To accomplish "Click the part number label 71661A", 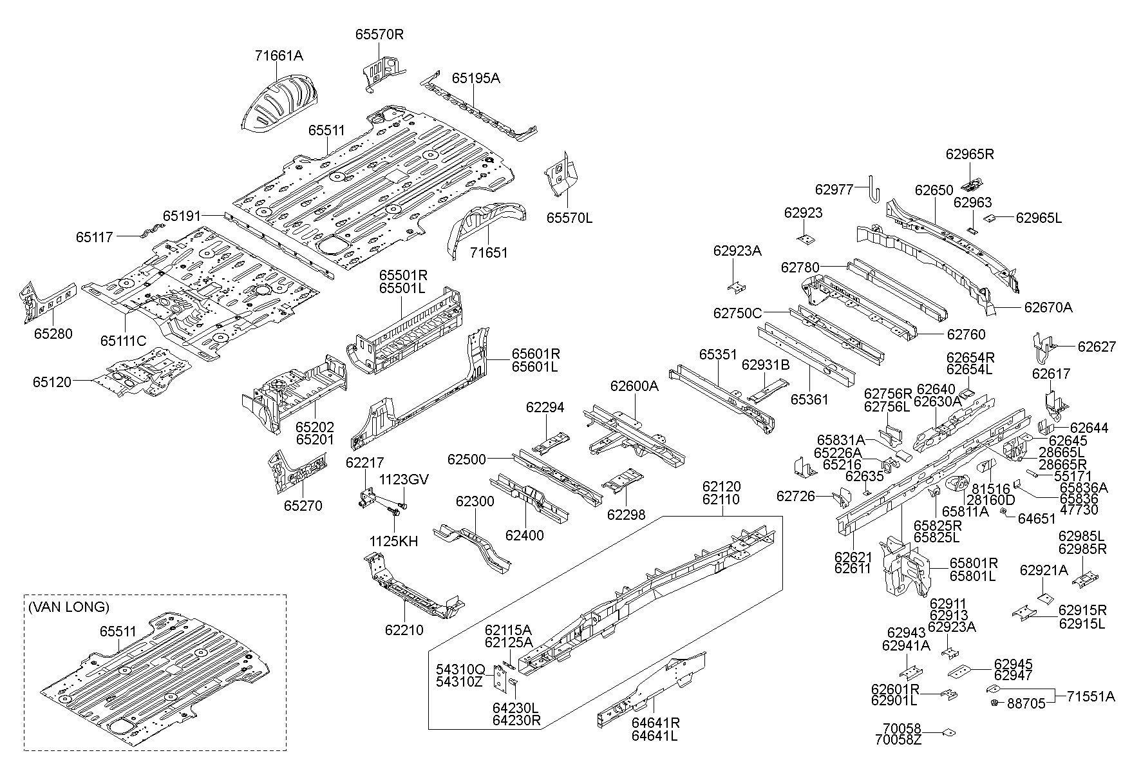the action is pyautogui.click(x=278, y=56).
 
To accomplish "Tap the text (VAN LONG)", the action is pyautogui.click(x=69, y=607).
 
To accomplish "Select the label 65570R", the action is pyautogui.click(x=379, y=34).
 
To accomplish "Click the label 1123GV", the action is pyautogui.click(x=404, y=479).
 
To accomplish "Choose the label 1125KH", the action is pyautogui.click(x=393, y=542).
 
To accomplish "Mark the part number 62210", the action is pyautogui.click(x=404, y=630).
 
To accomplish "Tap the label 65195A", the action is pyautogui.click(x=475, y=78).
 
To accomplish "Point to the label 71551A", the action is pyautogui.click(x=1091, y=696).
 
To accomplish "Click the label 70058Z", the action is pyautogui.click(x=898, y=739).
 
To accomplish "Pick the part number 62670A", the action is pyautogui.click(x=1048, y=307).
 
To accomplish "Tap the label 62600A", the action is pyautogui.click(x=634, y=386).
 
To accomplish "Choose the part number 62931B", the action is pyautogui.click(x=766, y=365).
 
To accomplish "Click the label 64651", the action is pyautogui.click(x=1037, y=517).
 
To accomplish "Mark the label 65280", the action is pyautogui.click(x=53, y=334).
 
